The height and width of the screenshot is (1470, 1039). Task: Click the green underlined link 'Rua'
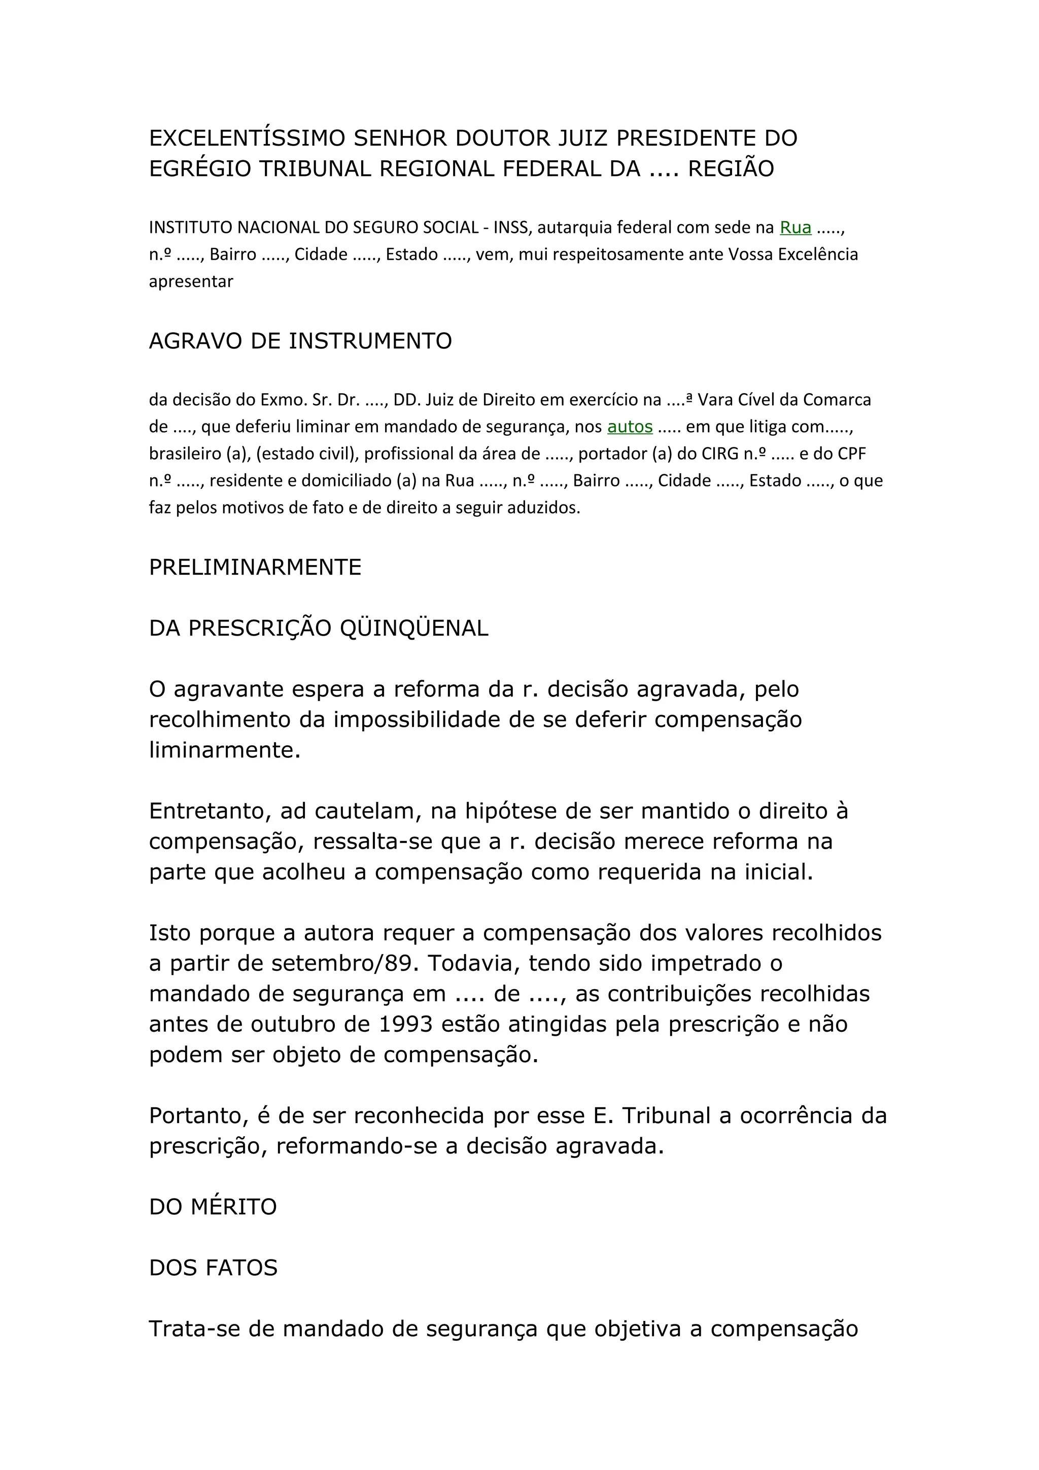(x=795, y=227)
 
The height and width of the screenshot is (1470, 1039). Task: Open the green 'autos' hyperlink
(x=630, y=427)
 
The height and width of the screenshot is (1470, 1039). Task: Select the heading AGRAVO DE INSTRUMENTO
(x=300, y=341)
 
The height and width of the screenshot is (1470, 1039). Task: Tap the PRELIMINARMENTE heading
(x=255, y=567)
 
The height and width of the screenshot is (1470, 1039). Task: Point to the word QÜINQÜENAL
(x=413, y=628)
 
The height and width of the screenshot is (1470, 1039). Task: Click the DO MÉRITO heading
(x=213, y=1207)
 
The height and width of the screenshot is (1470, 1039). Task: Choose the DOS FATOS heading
(x=213, y=1268)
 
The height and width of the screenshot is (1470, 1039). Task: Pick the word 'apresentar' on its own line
(x=191, y=281)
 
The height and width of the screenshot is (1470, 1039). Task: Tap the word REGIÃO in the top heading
(x=731, y=168)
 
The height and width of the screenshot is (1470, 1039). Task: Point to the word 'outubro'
(x=291, y=1024)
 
